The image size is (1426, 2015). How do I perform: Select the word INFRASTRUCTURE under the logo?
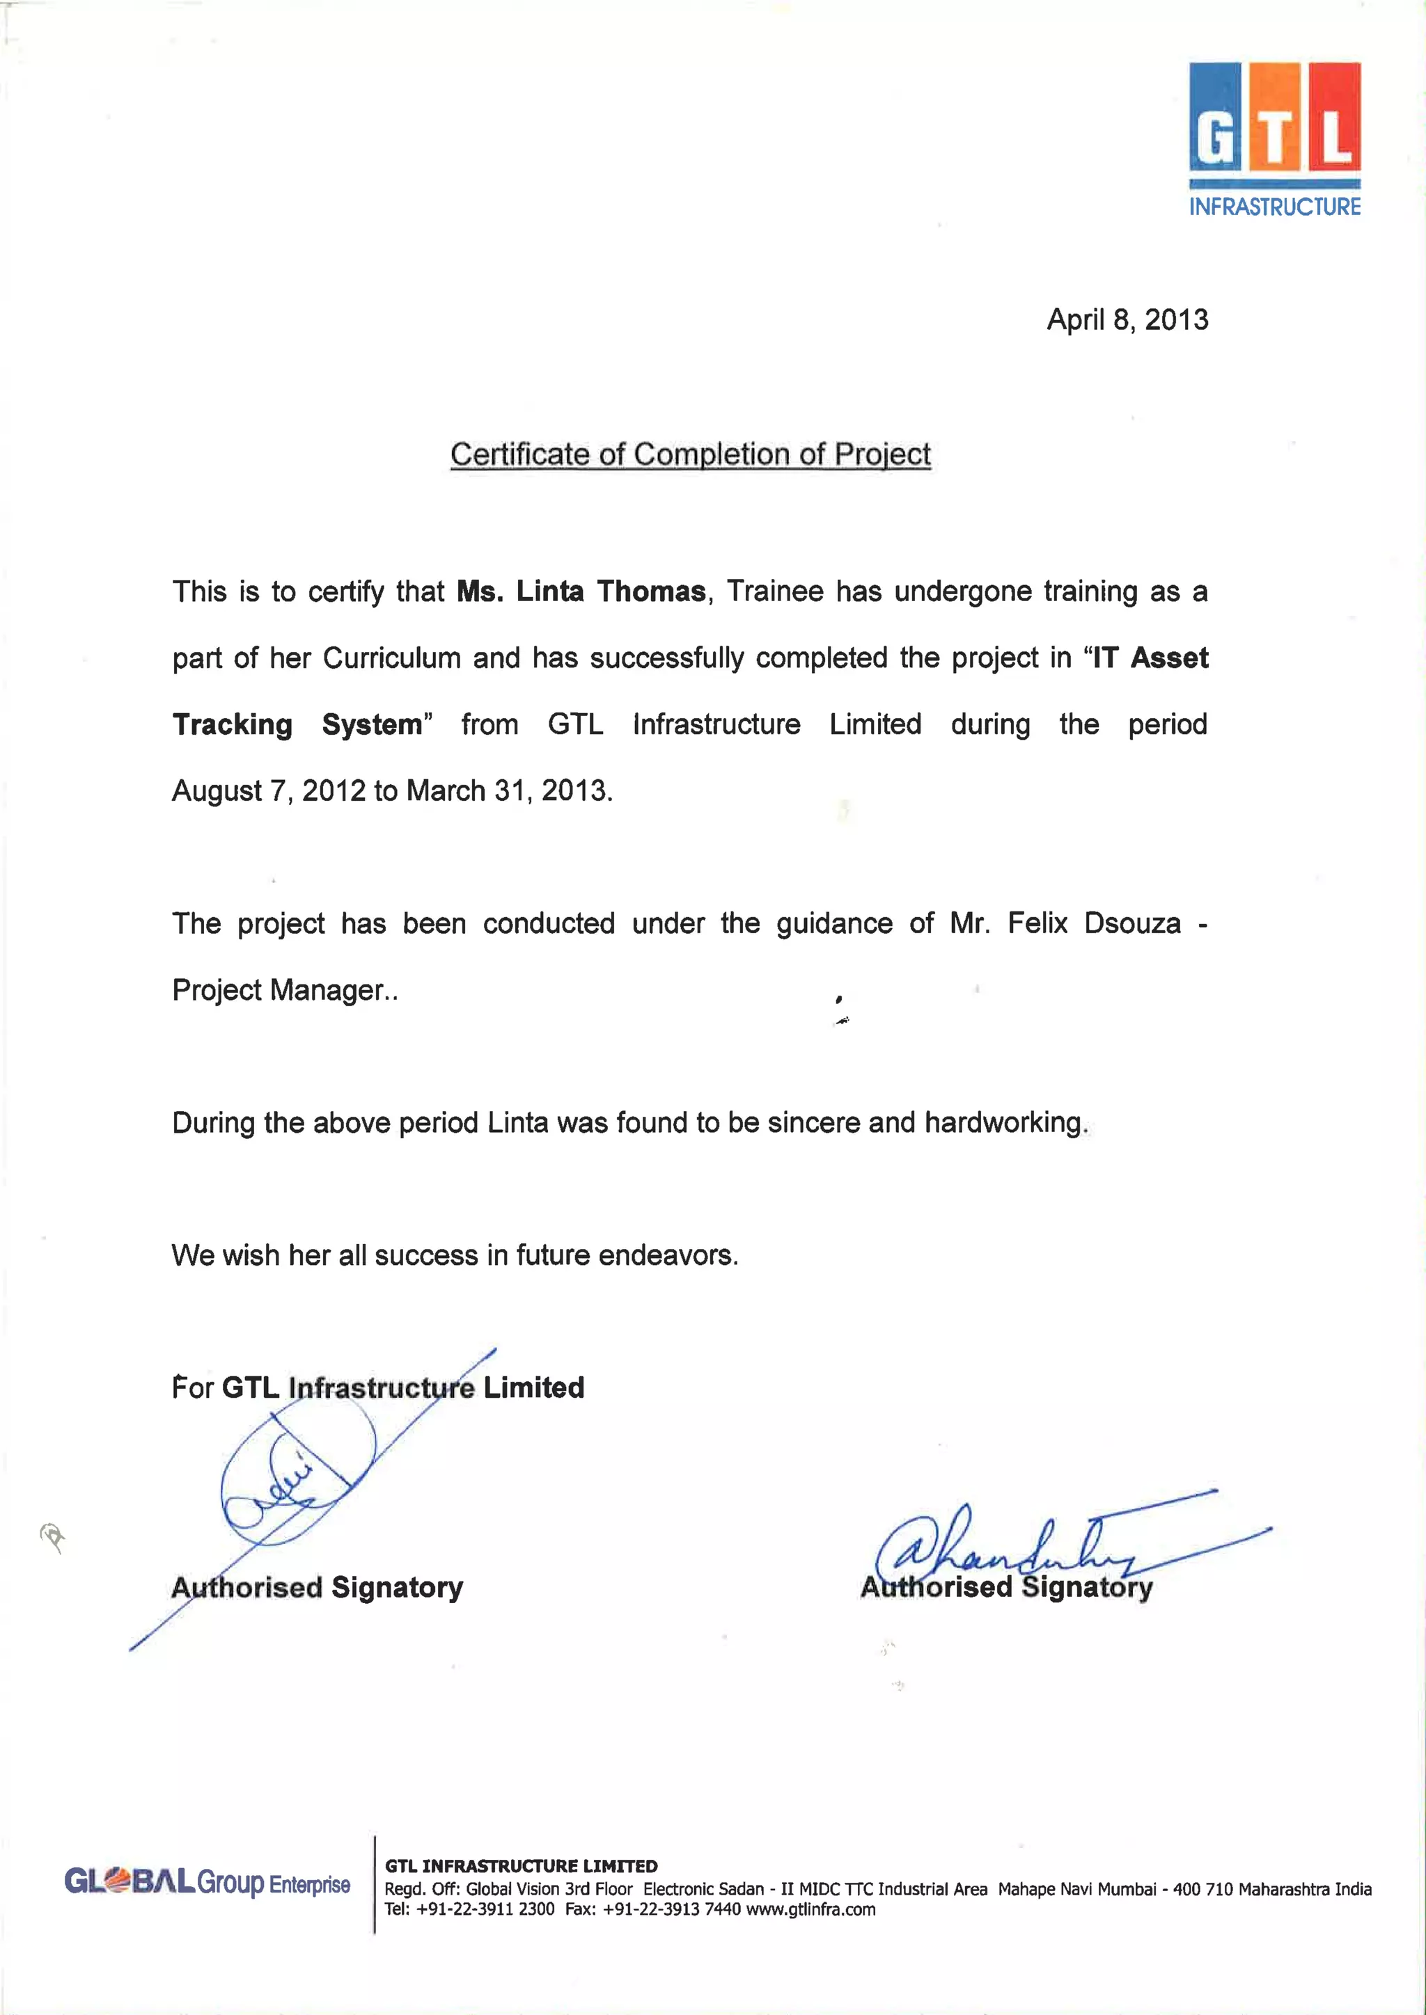click(1274, 207)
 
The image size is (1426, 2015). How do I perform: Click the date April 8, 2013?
click(1127, 319)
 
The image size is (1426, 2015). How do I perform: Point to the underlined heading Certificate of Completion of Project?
click(690, 454)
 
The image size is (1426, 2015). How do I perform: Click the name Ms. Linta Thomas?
click(581, 591)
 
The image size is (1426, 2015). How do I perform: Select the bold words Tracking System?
click(297, 725)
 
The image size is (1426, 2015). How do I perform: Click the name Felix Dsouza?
click(1093, 924)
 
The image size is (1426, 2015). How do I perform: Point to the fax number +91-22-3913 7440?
click(671, 1910)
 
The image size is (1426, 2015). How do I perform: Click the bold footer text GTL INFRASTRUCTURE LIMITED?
click(521, 1866)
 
